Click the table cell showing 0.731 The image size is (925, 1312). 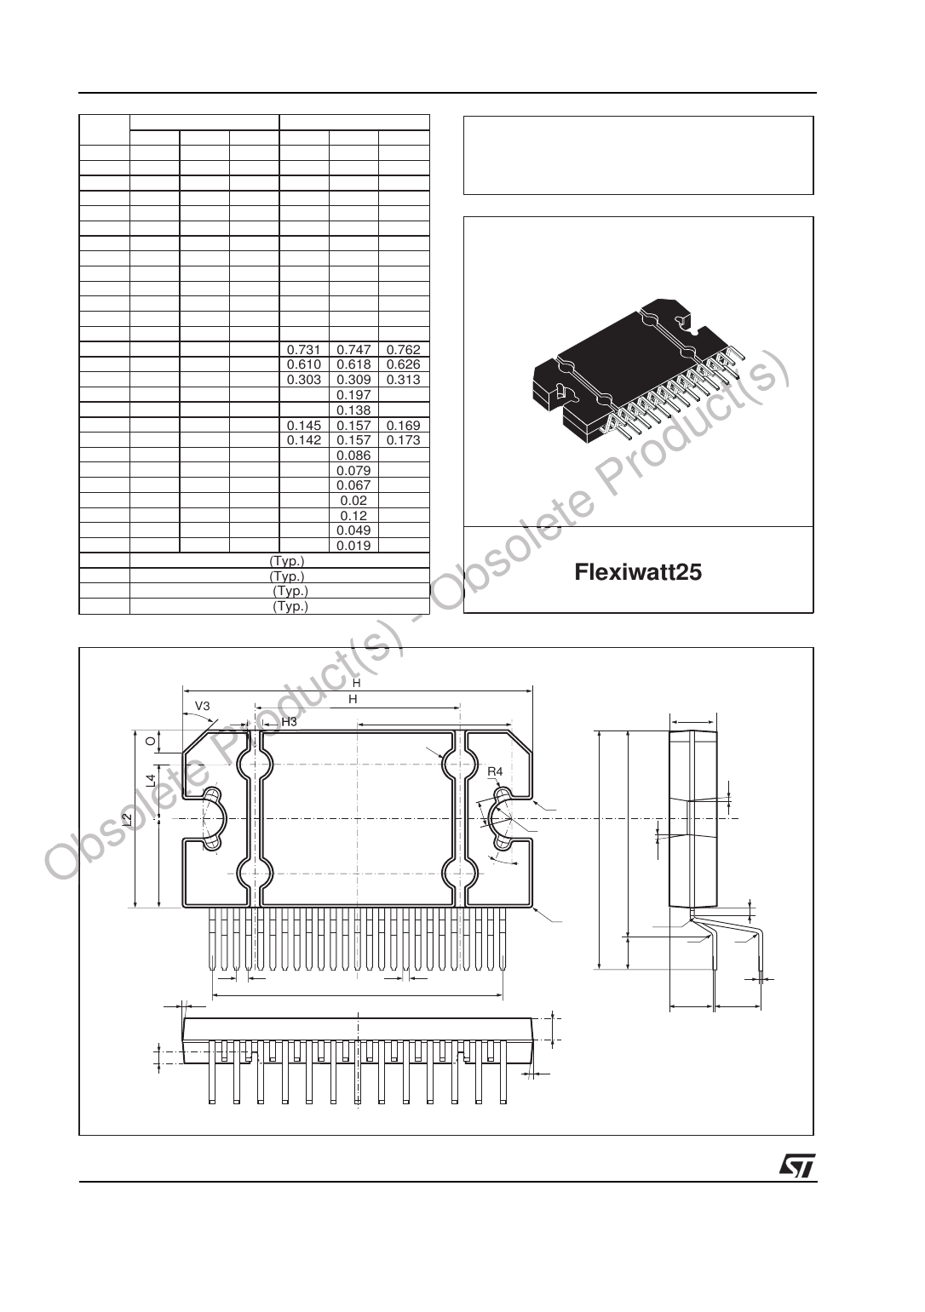point(303,350)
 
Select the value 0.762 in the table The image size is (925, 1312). point(403,350)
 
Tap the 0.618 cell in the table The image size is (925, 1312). point(353,364)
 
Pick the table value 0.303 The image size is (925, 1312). point(303,380)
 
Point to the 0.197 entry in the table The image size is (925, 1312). point(353,395)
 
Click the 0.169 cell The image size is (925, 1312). point(403,426)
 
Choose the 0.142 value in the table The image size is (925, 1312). point(303,440)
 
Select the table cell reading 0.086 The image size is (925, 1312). point(353,455)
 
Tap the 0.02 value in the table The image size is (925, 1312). point(353,501)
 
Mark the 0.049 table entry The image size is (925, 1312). point(353,530)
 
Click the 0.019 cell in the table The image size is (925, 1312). point(353,546)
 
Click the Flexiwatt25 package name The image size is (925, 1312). point(638,571)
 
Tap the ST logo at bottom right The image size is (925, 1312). point(797,1166)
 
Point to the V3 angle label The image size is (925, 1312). point(203,706)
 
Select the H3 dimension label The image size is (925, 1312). point(289,722)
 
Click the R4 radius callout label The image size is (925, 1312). point(495,771)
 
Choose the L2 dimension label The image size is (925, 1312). point(127,819)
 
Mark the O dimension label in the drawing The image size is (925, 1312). point(150,742)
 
